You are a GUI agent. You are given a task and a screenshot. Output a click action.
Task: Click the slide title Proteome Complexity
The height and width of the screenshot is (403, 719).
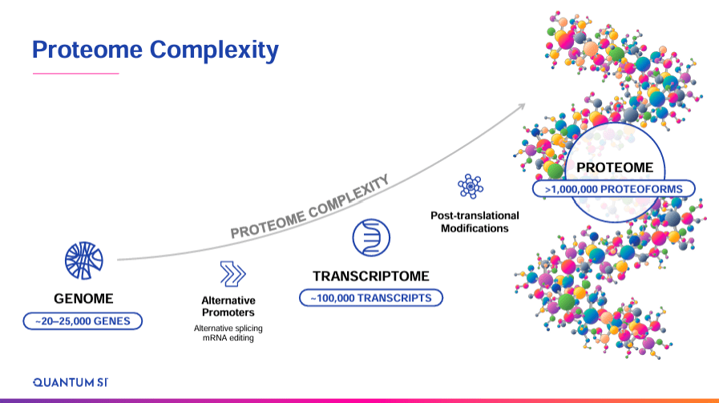point(155,50)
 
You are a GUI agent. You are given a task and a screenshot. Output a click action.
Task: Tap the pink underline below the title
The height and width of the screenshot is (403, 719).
point(75,74)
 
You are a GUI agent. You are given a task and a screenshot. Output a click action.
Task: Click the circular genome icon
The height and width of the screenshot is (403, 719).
point(84,261)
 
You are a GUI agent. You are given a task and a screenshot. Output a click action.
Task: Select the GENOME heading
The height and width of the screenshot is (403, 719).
point(83,300)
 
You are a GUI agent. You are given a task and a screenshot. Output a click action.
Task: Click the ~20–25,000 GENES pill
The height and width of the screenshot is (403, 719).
point(83,321)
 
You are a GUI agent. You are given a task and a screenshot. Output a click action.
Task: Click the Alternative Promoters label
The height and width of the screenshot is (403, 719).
point(228,306)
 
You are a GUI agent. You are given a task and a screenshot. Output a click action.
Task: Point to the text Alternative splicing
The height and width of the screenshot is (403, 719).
point(228,328)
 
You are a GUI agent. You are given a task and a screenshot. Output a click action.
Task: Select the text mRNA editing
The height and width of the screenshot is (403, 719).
point(228,339)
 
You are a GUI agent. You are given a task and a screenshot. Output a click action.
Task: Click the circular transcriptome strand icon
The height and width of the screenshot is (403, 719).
point(370,238)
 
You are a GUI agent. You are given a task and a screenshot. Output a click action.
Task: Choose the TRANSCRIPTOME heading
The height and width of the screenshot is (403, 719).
point(371,276)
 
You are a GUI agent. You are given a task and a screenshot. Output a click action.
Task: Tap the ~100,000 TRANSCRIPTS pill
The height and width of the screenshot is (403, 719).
point(371,298)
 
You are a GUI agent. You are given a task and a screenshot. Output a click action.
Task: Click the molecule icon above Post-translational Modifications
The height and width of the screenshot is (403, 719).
point(470,186)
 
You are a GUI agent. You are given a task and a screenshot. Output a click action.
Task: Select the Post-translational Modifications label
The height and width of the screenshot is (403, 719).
point(475,221)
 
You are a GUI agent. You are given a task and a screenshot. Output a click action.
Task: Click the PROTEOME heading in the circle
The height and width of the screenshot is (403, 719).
point(615,168)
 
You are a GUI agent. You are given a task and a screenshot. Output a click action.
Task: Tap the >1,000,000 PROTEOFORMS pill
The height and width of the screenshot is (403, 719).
point(615,189)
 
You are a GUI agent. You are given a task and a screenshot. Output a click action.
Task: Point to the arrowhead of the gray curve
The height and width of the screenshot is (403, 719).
point(525,105)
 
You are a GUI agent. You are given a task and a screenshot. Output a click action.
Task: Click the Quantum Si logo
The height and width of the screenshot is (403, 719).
point(70,381)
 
